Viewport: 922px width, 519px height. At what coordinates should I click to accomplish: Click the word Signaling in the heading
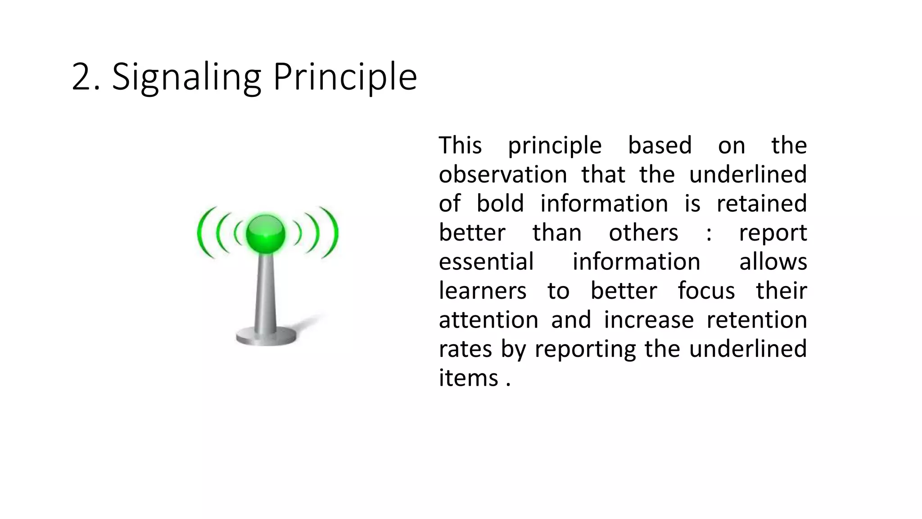point(186,77)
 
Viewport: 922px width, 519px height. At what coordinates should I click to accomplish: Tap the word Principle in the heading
point(345,77)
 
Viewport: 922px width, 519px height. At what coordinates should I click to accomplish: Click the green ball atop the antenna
point(266,234)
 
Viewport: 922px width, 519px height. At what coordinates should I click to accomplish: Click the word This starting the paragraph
point(460,146)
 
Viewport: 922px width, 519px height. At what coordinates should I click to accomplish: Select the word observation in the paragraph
point(502,175)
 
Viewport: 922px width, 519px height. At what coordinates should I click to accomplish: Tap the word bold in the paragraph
point(500,204)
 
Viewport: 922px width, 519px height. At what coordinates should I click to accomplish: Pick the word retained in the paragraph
point(761,204)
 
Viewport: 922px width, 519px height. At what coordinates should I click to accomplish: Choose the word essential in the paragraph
point(486,262)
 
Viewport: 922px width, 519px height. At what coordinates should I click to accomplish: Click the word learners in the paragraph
point(482,291)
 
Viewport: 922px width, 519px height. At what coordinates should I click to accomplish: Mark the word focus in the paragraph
point(706,291)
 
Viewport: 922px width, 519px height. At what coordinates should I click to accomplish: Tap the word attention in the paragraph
point(488,320)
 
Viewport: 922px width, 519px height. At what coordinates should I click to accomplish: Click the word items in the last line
point(468,378)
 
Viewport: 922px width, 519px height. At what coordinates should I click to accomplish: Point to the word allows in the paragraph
point(773,262)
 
